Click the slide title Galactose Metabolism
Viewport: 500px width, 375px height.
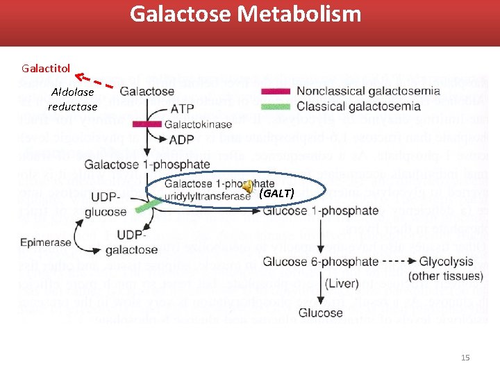[245, 14]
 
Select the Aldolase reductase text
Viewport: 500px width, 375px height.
[72, 99]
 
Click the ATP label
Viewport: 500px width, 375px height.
[182, 109]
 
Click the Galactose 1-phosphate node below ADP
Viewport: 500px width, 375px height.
[147, 165]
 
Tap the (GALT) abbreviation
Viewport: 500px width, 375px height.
[276, 192]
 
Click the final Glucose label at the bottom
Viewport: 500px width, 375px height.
[320, 312]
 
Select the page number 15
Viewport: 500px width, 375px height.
[465, 357]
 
